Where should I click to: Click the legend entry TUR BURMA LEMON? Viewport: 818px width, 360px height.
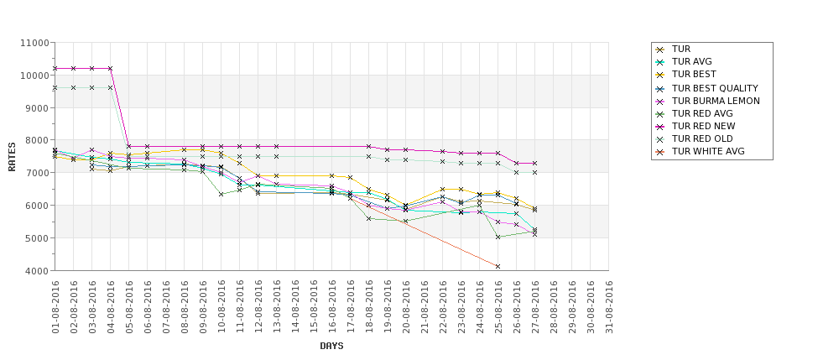(x=715, y=101)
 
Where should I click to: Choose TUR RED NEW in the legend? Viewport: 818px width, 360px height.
(x=703, y=126)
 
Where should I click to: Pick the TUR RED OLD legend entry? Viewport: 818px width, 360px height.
(x=702, y=138)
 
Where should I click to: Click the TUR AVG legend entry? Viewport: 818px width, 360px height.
(x=691, y=62)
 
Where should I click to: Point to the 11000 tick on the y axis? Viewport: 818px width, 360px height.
(x=34, y=42)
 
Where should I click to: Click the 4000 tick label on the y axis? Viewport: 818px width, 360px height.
(x=35, y=271)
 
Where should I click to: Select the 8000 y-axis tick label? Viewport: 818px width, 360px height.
(x=35, y=140)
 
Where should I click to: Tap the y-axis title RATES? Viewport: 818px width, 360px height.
(x=12, y=156)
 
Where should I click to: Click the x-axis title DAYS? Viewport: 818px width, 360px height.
(x=331, y=346)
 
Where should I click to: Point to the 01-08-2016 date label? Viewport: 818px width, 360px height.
(x=55, y=307)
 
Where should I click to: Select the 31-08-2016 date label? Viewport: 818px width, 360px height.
(x=609, y=307)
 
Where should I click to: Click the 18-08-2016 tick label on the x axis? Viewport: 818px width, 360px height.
(x=369, y=307)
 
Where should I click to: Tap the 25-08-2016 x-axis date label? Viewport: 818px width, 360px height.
(x=498, y=307)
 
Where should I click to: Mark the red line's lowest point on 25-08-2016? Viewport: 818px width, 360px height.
(x=498, y=267)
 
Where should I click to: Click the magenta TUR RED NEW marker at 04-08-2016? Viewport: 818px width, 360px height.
(x=110, y=68)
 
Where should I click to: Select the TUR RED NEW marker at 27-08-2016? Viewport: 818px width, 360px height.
(x=534, y=163)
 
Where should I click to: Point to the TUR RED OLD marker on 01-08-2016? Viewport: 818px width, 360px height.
(x=55, y=87)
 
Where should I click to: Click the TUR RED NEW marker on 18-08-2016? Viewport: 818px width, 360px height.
(x=368, y=146)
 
